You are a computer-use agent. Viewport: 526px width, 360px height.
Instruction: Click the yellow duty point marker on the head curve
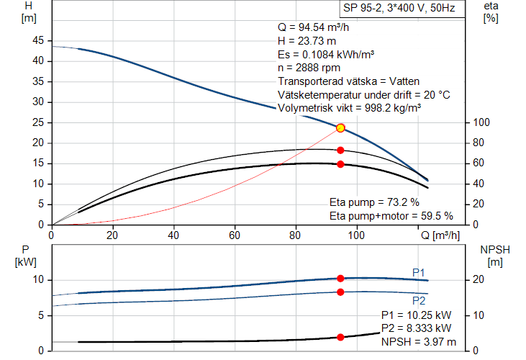[340, 128]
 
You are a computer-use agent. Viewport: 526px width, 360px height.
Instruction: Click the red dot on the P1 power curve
[340, 278]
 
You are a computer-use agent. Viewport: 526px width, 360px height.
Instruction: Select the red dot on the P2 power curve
[340, 292]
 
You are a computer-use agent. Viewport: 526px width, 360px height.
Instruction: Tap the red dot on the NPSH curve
[340, 337]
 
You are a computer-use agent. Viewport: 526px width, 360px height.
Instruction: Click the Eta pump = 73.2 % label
[373, 202]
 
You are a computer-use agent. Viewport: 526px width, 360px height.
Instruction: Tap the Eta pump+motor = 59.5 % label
[391, 215]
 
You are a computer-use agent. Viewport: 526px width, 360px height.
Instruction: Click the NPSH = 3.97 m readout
[418, 341]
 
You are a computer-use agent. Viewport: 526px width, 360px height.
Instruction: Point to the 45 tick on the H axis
[39, 40]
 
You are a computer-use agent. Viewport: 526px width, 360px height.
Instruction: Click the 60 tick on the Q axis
[235, 235]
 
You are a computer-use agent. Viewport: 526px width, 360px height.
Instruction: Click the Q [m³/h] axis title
[439, 235]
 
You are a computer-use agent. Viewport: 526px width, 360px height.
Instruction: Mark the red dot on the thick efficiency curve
[340, 164]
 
